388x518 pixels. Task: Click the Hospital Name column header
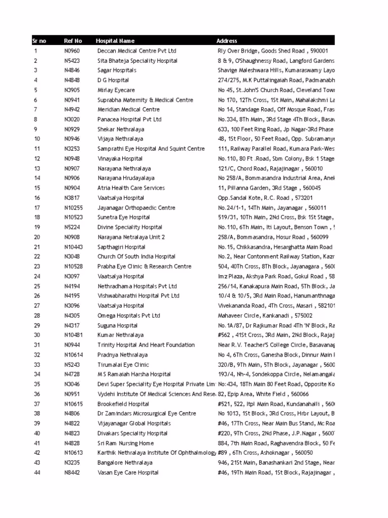(x=115, y=41)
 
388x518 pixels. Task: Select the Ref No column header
(x=73, y=41)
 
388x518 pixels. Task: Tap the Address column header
(x=227, y=41)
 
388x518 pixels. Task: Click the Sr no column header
(x=39, y=41)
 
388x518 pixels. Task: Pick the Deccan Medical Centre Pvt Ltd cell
(x=137, y=51)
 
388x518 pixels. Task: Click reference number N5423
(x=72, y=61)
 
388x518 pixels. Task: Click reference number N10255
(x=74, y=208)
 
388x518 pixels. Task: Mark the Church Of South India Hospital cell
(x=136, y=257)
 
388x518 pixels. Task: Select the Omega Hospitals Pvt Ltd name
(x=129, y=316)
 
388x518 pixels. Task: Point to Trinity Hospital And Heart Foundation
(x=146, y=345)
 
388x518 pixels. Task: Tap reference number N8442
(x=72, y=472)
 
